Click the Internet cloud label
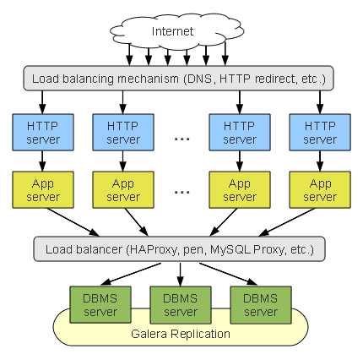tap(172, 31)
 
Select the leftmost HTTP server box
tap(43, 132)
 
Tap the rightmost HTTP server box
tap(320, 132)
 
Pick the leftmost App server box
tap(43, 189)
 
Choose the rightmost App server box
tap(320, 189)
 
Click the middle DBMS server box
tap(181, 305)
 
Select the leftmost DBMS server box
tap(100, 305)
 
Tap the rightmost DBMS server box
tap(261, 305)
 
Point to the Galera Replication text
tap(181, 334)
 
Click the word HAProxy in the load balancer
tap(153, 249)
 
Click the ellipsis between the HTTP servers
tap(181, 139)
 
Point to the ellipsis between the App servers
tap(181, 193)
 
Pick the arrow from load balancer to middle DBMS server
tap(181, 275)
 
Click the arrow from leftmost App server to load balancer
tap(73, 222)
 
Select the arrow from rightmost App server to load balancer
tap(287, 222)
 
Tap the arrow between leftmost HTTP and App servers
tap(42, 161)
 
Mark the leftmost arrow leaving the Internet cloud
tap(129, 55)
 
